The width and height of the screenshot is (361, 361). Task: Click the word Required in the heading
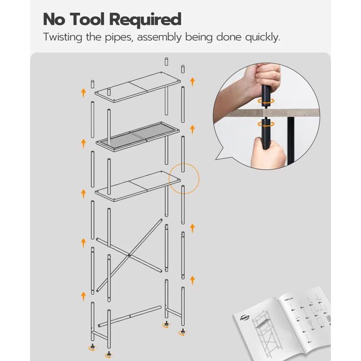145,20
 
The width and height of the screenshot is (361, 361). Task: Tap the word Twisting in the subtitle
64,37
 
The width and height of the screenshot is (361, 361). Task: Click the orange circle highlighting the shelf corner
184,178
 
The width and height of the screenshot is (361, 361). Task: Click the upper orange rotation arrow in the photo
266,101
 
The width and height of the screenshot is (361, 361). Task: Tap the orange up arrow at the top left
83,92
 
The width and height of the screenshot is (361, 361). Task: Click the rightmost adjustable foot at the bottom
182,331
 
